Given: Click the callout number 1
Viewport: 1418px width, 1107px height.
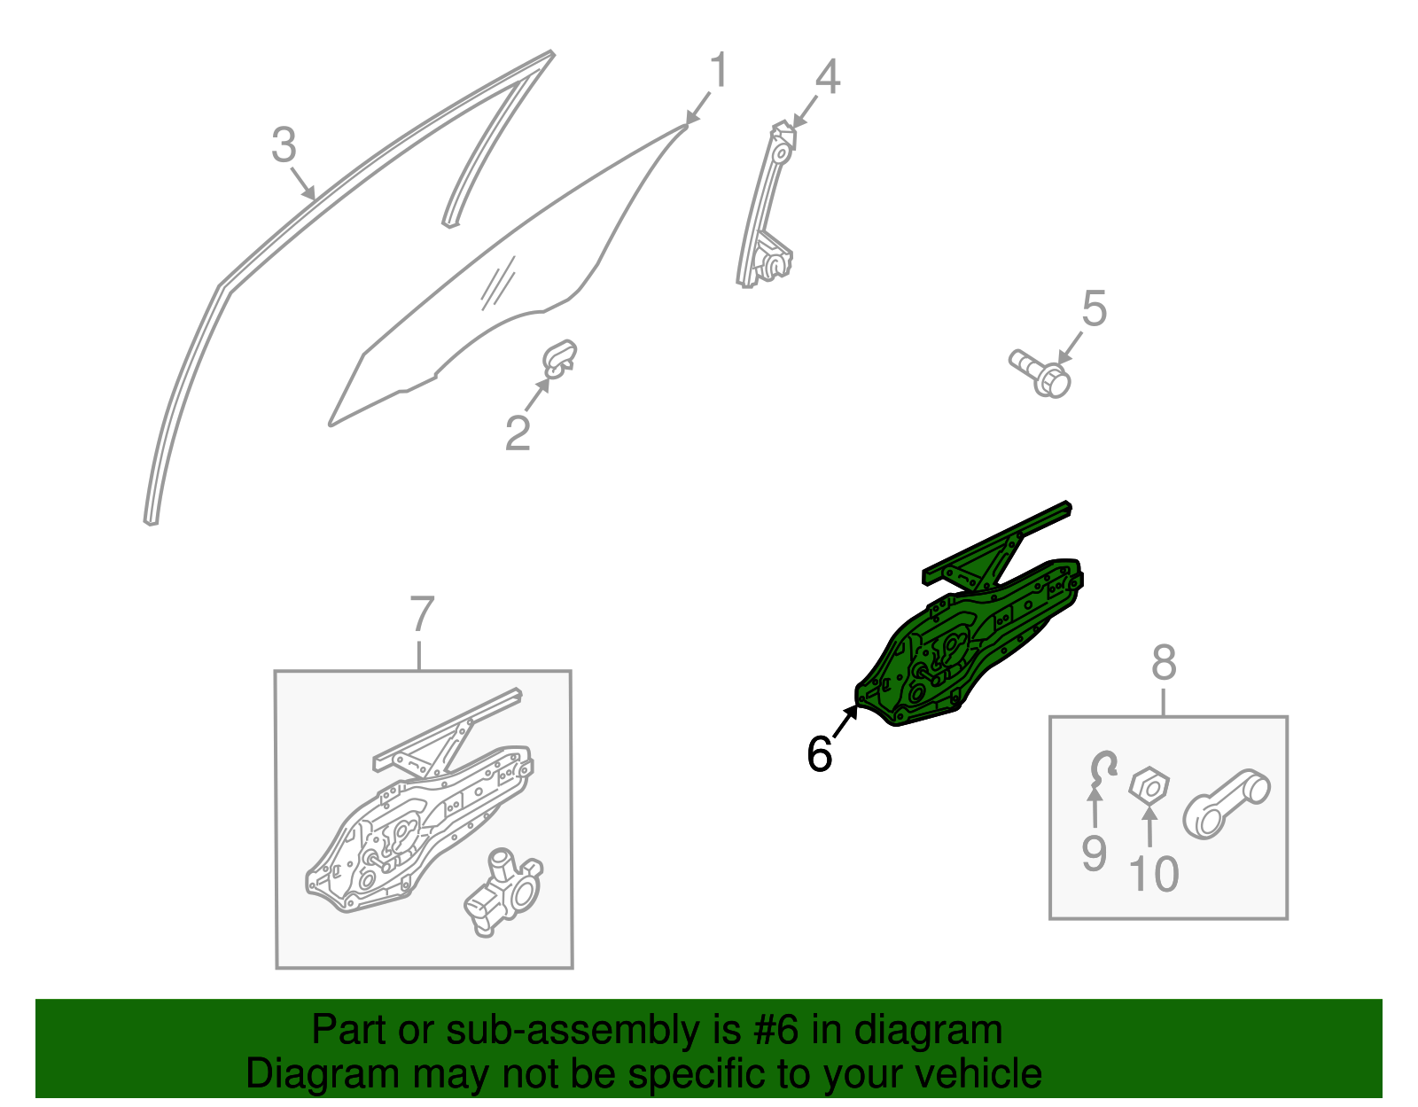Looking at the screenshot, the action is point(719,69).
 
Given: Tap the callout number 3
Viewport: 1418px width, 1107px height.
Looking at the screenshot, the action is point(284,144).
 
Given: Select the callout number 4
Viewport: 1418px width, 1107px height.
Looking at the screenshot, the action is point(828,76).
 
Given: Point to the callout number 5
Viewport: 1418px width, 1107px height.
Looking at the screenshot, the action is point(1095,308).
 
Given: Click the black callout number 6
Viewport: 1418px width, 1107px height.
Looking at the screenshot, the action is point(820,753).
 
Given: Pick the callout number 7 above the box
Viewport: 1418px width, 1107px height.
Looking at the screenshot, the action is point(422,613).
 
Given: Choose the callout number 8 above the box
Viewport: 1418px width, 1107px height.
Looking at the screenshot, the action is point(1164,663).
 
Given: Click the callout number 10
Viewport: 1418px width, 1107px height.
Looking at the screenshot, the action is point(1154,874).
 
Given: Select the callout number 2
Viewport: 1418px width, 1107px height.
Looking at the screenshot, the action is point(518,433).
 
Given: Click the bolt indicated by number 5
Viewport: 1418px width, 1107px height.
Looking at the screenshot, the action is point(1040,374).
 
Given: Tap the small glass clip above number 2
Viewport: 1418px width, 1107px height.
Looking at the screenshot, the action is point(560,359).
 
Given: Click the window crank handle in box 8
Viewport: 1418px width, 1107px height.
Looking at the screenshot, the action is point(1227,804).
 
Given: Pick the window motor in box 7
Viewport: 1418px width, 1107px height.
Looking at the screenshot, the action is point(503,893).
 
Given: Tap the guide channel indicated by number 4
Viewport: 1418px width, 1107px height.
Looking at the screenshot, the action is point(765,204).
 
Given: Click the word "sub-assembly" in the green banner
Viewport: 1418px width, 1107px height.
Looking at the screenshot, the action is point(593,1030).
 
